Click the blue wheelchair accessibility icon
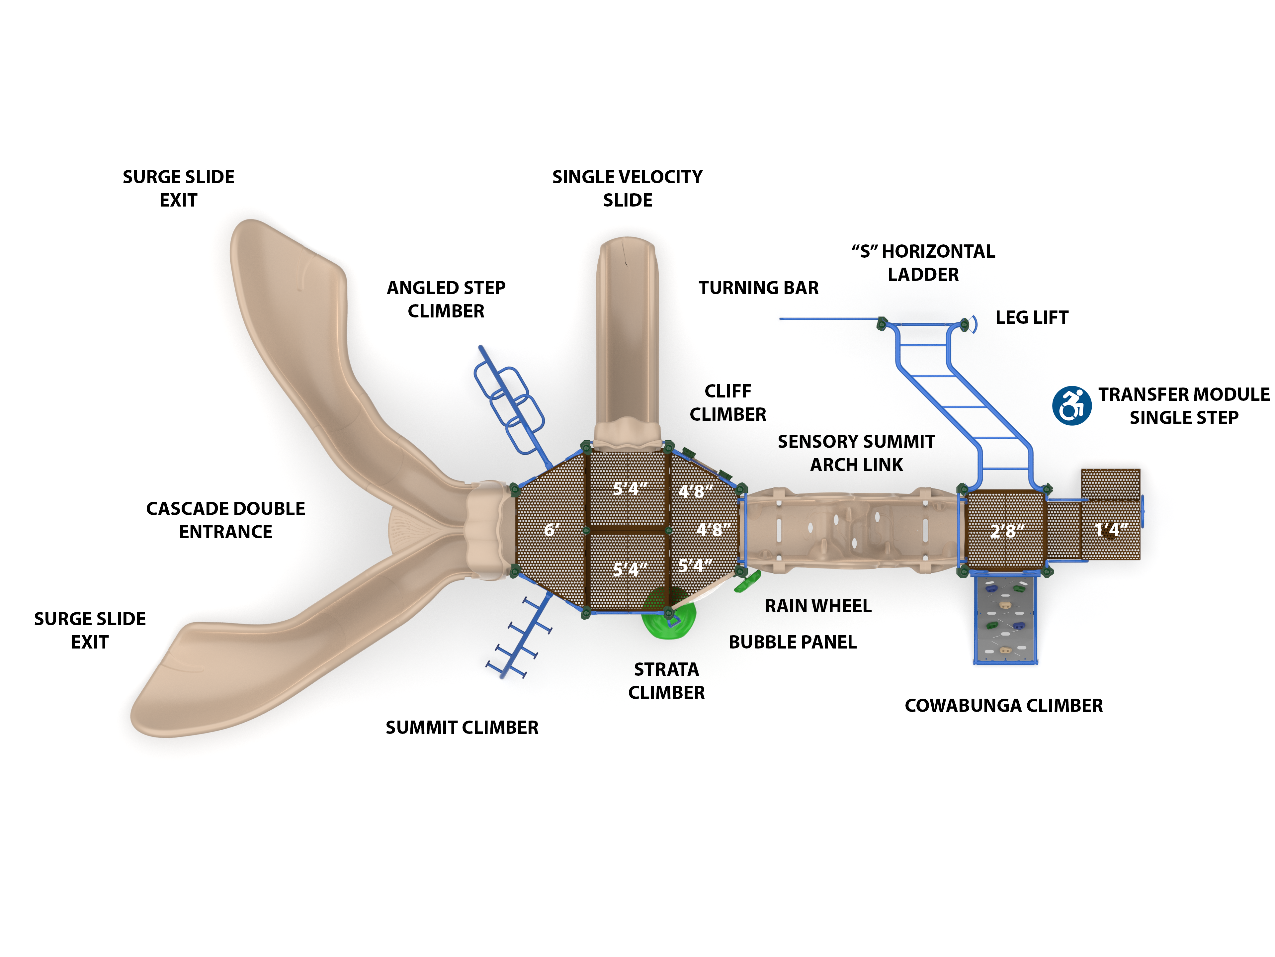tap(1071, 405)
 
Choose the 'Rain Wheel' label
tap(818, 606)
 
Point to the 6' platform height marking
tap(551, 529)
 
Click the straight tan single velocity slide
tap(627, 334)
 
